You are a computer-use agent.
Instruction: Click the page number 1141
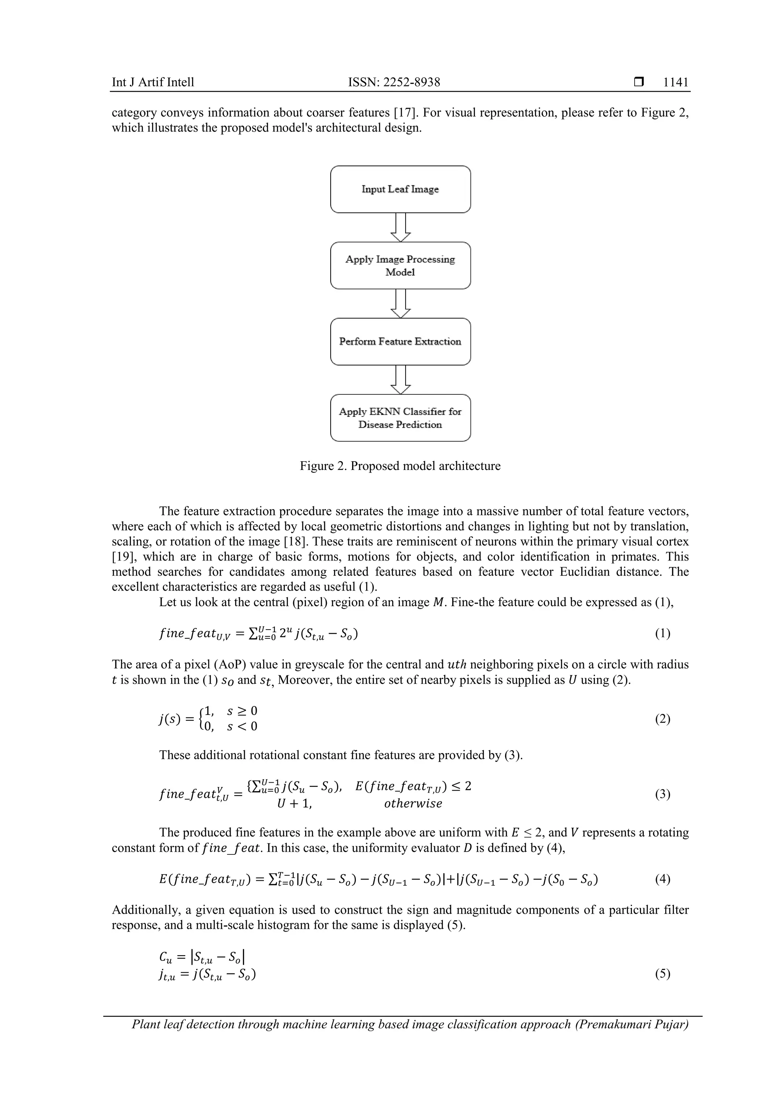(675, 82)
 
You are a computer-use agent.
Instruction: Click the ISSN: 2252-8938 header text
(394, 82)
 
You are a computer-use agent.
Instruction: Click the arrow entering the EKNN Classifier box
(401, 379)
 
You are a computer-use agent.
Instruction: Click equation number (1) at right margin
(662, 633)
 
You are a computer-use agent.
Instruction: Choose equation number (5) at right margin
(662, 974)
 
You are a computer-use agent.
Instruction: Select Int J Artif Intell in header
(153, 82)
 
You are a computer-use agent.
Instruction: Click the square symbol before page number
(638, 82)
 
